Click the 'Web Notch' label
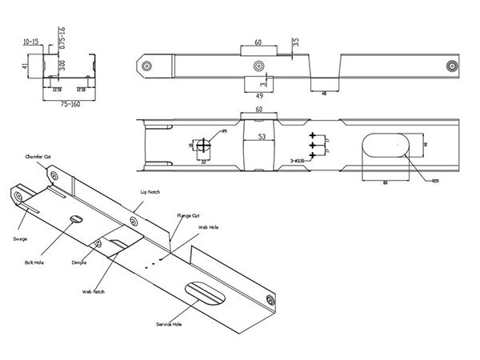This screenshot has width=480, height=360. pyautogui.click(x=94, y=292)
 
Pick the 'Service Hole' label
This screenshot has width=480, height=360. pyautogui.click(x=169, y=324)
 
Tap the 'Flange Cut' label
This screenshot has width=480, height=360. pyautogui.click(x=189, y=216)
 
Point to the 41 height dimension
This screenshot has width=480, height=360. pyautogui.click(x=26, y=68)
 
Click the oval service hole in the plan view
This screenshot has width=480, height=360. pyautogui.click(x=384, y=147)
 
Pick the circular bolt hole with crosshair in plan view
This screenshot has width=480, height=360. pyautogui.click(x=203, y=146)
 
